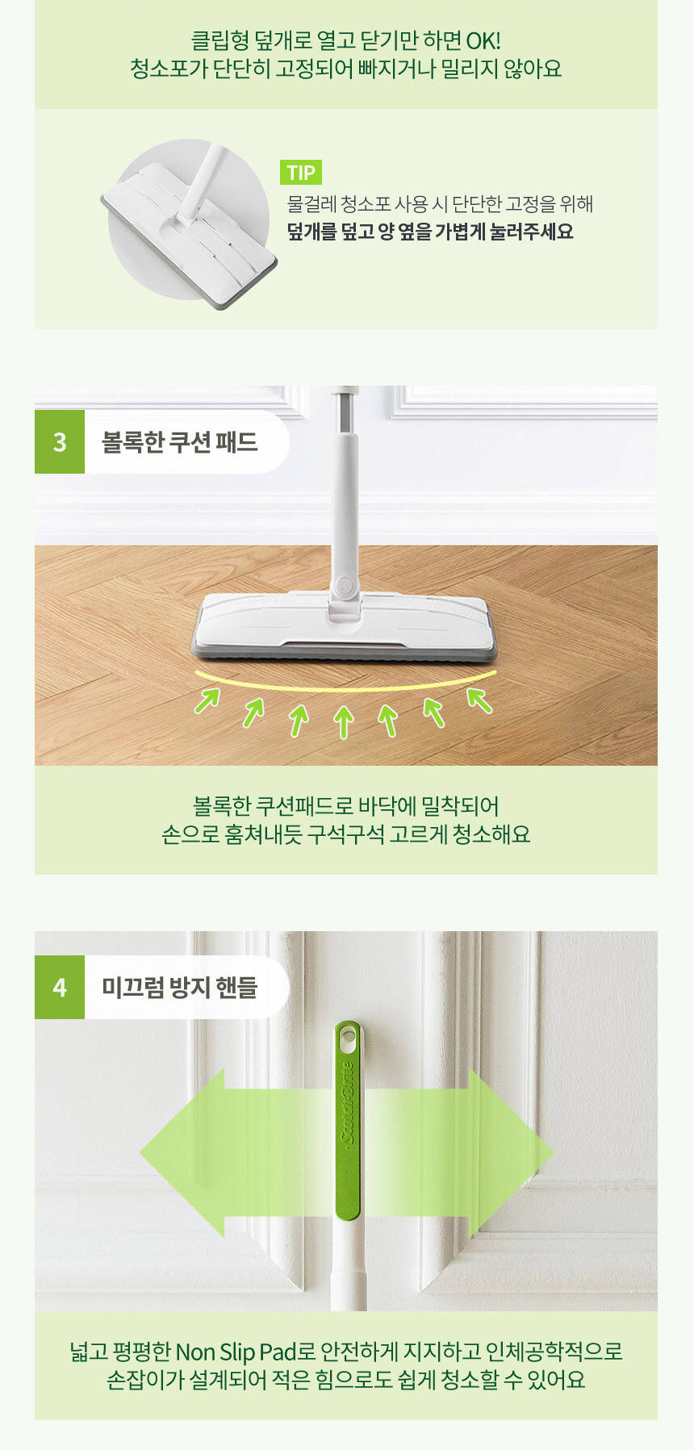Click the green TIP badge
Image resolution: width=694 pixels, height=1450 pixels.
(x=301, y=172)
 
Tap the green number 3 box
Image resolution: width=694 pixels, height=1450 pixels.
(x=60, y=441)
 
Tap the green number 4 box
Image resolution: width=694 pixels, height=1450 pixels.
(x=60, y=987)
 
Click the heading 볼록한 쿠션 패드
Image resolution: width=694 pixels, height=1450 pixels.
(x=179, y=441)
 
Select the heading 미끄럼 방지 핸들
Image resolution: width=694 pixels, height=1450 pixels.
(x=179, y=987)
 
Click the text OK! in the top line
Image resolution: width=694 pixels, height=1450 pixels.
(x=483, y=40)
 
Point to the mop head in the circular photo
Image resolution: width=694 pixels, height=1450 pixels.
(x=190, y=232)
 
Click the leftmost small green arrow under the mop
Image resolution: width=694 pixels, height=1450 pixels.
(x=207, y=700)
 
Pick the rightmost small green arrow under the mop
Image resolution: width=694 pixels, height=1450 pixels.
(x=479, y=700)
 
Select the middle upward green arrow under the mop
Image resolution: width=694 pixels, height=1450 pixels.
(x=344, y=721)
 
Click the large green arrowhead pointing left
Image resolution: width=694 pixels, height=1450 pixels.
(x=182, y=1153)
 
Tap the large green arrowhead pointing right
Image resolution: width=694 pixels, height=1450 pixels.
(x=510, y=1153)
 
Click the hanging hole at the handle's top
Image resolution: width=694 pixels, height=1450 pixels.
(x=348, y=1040)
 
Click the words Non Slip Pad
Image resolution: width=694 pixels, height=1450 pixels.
(x=236, y=1352)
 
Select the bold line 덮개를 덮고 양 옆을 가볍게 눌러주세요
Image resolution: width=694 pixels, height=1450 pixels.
(x=430, y=232)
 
